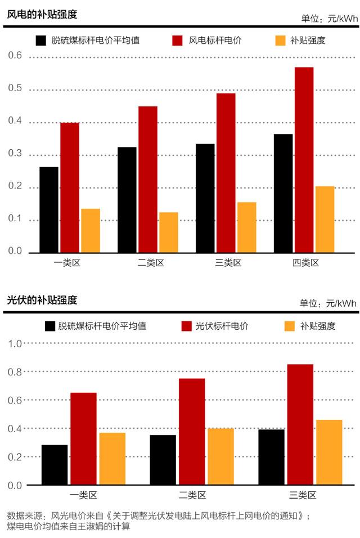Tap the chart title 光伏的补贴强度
42,300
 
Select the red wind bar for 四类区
304,160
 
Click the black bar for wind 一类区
49,209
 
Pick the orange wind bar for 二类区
169,232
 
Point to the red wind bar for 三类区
226,173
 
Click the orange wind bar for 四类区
325,219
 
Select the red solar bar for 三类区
300,424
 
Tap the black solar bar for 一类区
55,465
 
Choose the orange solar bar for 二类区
220,456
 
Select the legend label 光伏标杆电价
222,326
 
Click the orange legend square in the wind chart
280,41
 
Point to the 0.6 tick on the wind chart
15,56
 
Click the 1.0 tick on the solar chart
15,343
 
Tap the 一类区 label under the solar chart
84,496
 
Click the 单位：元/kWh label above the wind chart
328,19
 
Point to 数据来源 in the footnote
26,515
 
